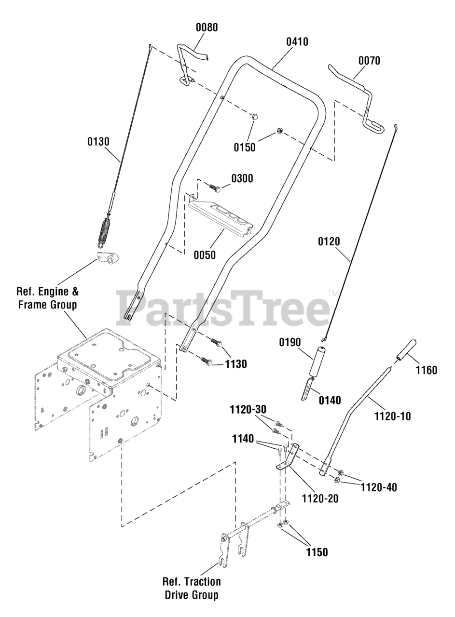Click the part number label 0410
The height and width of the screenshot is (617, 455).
pos(297,42)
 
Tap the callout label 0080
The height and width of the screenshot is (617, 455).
pos(207,27)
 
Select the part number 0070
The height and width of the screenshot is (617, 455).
pos(369,61)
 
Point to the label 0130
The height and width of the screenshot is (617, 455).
pos(98,142)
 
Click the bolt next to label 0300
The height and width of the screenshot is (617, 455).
pos(214,187)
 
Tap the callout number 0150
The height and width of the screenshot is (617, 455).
pos(245,148)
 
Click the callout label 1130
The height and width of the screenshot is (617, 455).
pos(236,364)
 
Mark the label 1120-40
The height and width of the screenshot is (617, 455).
pos(379,487)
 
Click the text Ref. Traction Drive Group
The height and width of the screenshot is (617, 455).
pos(192,588)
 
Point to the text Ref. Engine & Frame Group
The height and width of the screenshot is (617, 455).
pos(47,298)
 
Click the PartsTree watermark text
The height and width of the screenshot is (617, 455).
pos(222,307)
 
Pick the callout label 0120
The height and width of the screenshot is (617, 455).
pos(329,241)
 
